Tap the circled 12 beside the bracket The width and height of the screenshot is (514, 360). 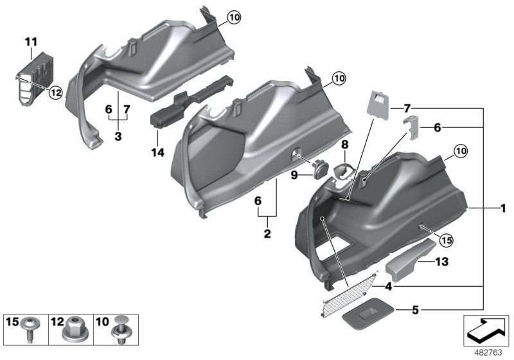tap(55, 93)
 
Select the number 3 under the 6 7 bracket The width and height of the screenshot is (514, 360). tap(118, 138)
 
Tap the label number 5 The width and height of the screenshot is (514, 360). tap(414, 309)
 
